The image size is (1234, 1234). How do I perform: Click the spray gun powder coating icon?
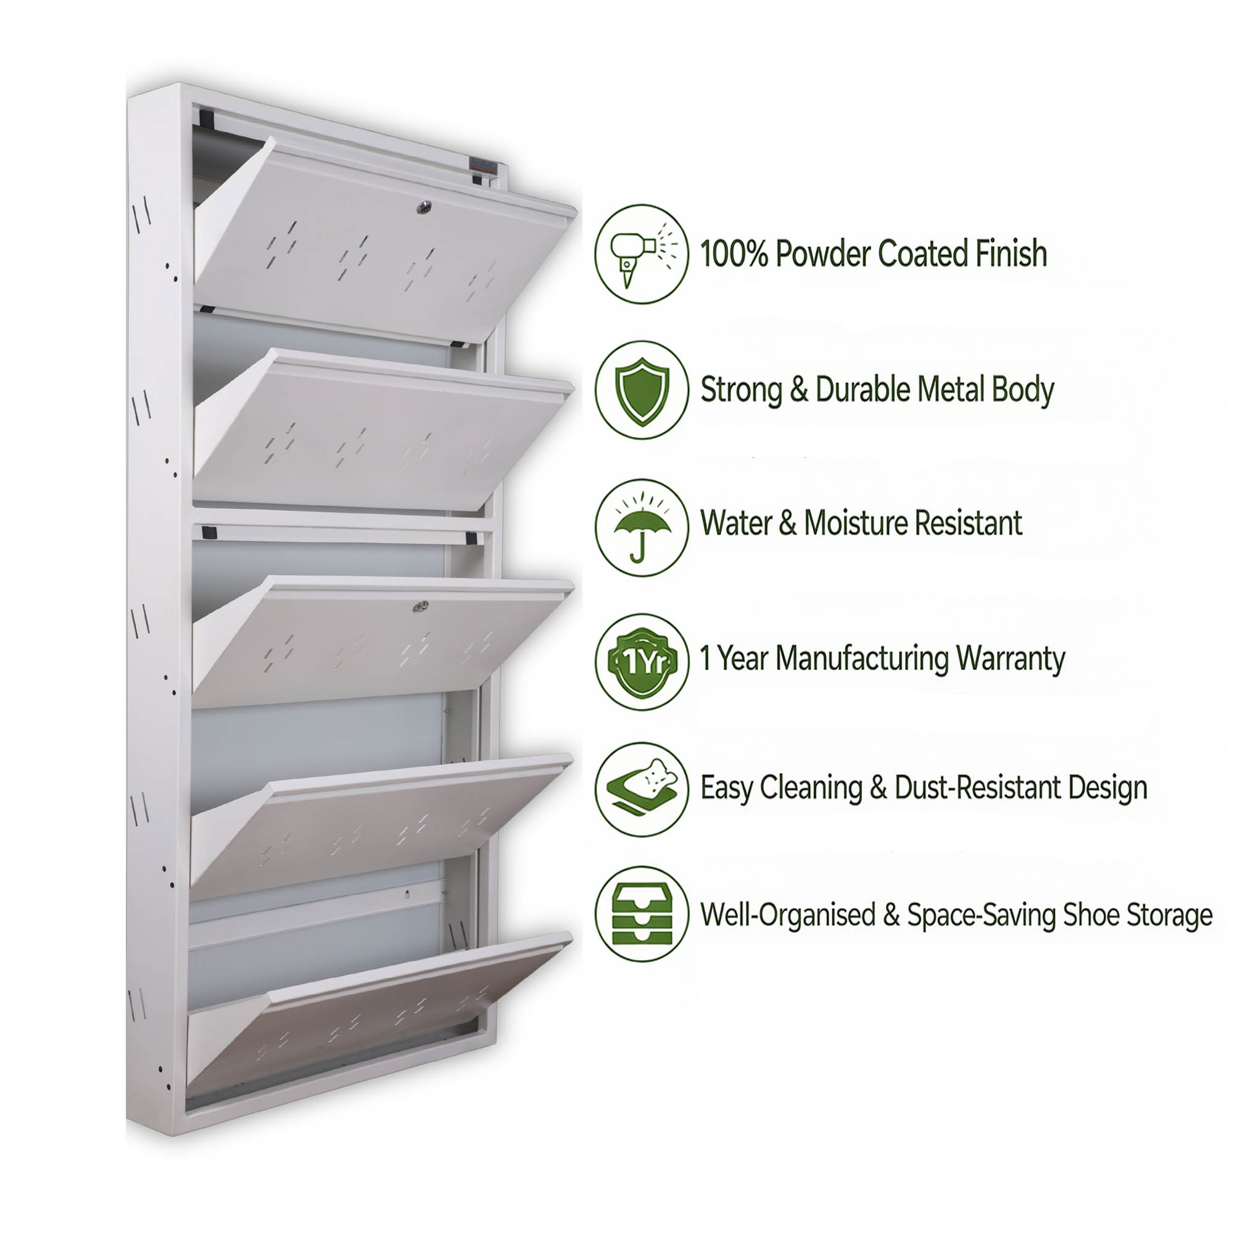pos(642,254)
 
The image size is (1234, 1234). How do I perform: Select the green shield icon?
pos(642,389)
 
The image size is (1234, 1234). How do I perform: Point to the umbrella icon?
pos(642,528)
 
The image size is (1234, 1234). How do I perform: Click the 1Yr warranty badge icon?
pos(642,661)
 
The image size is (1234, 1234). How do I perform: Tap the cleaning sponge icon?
pos(642,790)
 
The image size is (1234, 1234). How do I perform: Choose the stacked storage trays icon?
pos(642,914)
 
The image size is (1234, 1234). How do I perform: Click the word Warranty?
pos(1011,658)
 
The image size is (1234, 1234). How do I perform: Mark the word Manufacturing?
pos(863,658)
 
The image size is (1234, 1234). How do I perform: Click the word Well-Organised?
pos(787,914)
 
